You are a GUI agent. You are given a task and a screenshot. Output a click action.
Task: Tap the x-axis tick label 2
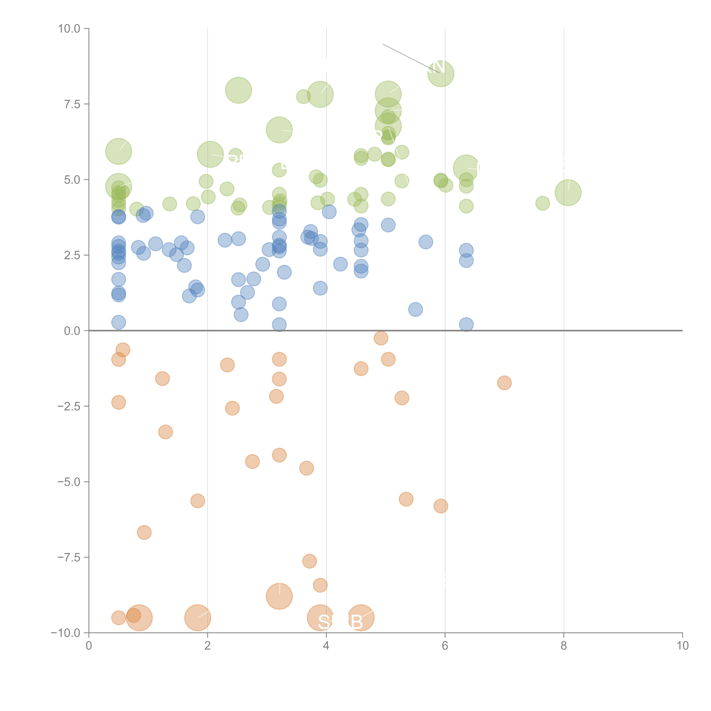pyautogui.click(x=208, y=646)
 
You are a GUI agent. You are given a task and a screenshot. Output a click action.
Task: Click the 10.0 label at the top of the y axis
pyautogui.click(x=69, y=29)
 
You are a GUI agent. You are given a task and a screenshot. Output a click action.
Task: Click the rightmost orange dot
pyautogui.click(x=504, y=383)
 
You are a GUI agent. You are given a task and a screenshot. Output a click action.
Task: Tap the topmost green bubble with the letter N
pyautogui.click(x=441, y=74)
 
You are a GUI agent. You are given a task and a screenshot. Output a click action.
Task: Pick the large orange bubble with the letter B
pyautogui.click(x=361, y=618)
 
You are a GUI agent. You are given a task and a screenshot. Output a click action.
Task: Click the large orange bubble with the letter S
pyautogui.click(x=320, y=618)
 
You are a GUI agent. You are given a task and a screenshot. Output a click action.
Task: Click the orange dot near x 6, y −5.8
pyautogui.click(x=441, y=506)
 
